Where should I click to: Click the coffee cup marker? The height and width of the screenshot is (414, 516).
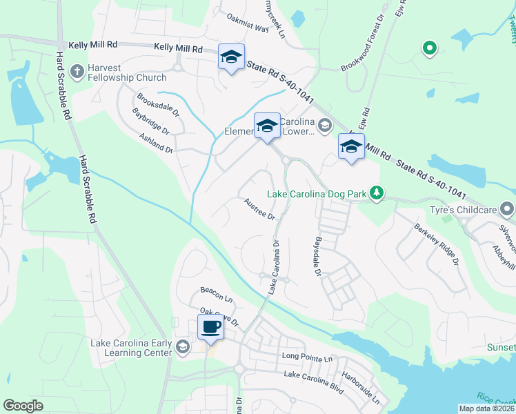click(x=210, y=326)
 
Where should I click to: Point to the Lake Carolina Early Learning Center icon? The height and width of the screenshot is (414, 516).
click(x=182, y=347)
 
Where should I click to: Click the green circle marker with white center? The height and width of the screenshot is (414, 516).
click(x=429, y=48)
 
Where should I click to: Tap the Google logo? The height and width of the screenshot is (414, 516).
click(x=23, y=406)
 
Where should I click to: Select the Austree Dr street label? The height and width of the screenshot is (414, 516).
click(x=259, y=208)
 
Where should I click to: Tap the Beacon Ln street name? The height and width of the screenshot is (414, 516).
click(x=216, y=297)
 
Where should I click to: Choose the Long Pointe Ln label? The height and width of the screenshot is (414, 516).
click(x=307, y=358)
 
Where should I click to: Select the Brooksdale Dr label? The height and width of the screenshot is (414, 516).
click(x=157, y=106)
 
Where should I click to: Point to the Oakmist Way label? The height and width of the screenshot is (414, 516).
click(x=247, y=28)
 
